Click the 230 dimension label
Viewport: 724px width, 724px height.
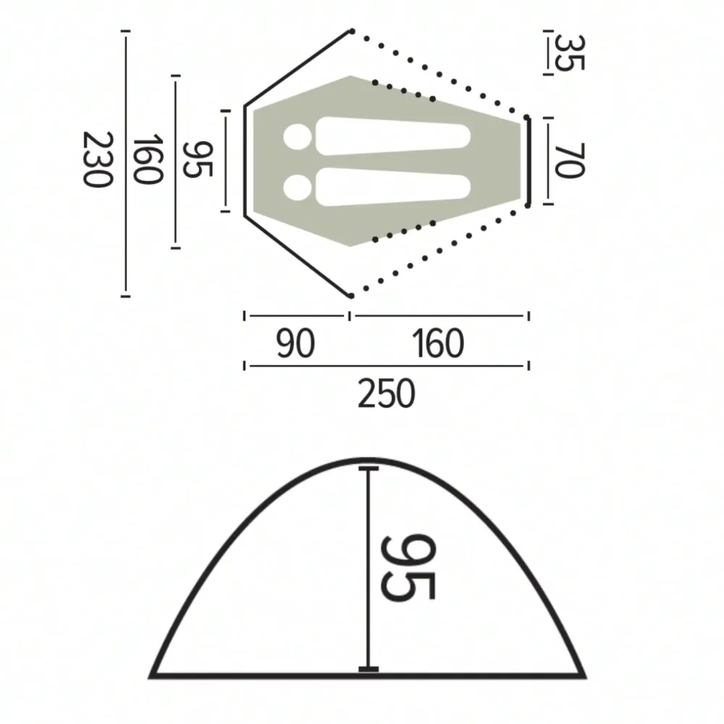point(98,160)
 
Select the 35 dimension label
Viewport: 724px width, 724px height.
point(570,53)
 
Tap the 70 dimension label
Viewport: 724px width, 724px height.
point(570,161)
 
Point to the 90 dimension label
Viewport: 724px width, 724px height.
point(295,343)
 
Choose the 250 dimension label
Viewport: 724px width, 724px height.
point(387,393)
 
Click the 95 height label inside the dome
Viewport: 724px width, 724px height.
point(408,568)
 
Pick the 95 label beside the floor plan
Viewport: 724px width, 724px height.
point(198,159)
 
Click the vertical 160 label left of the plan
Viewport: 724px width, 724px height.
point(148,159)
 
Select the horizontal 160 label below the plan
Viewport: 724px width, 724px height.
point(438,343)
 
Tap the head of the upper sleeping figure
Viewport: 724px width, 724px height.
point(298,137)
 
